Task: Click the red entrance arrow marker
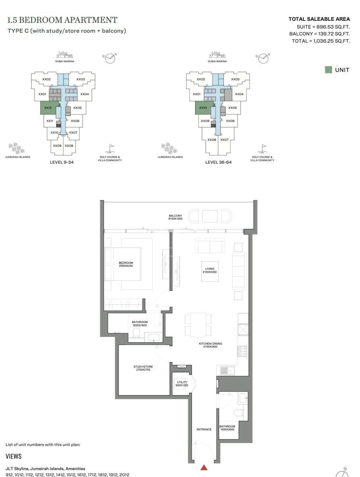click(204, 468)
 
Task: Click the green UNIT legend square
click(328, 70)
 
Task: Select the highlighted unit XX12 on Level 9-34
click(48, 108)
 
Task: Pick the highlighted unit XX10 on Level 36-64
click(203, 108)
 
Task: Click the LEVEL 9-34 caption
click(62, 162)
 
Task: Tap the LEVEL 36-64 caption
click(218, 162)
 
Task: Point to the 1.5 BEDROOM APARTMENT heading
click(62, 20)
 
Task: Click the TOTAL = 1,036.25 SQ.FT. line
click(321, 41)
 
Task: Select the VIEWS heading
click(14, 457)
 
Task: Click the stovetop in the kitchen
click(242, 351)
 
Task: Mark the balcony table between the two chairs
click(210, 216)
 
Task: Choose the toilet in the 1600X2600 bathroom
click(239, 413)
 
